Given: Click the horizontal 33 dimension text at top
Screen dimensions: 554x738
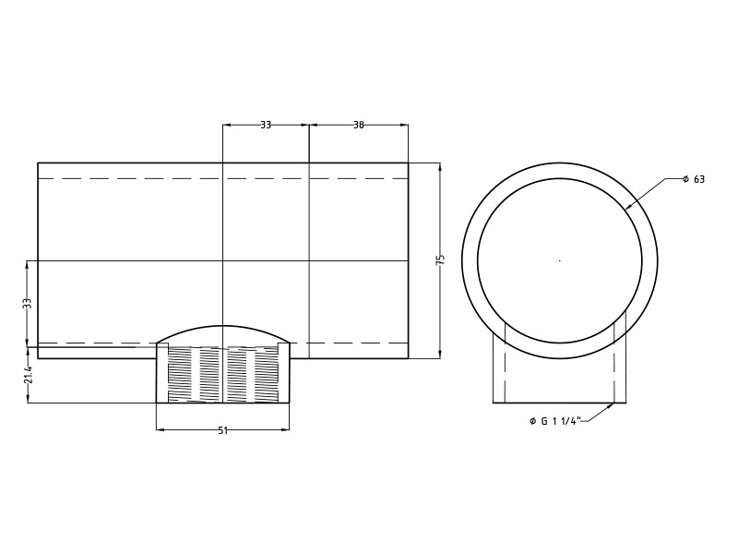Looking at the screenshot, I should click(x=266, y=125).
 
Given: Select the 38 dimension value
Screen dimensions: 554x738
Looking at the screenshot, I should click(x=359, y=125).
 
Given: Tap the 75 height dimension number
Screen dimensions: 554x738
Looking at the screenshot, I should click(x=440, y=260).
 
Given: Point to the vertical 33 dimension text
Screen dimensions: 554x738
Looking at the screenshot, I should click(x=28, y=303).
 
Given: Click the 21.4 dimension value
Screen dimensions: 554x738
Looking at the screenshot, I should click(x=28, y=374).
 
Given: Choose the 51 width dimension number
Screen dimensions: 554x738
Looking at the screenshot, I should click(x=222, y=430).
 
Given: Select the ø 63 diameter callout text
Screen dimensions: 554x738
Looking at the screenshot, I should click(x=694, y=179).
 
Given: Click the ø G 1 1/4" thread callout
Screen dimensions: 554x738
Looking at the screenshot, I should click(x=555, y=421).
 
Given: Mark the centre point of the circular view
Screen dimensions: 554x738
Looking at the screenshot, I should click(x=559, y=260).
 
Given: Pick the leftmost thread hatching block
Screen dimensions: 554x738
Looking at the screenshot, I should click(x=181, y=375).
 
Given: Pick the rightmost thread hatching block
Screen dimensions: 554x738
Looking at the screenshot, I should click(x=266, y=375).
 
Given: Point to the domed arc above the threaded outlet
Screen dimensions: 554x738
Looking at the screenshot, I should click(x=222, y=327).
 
